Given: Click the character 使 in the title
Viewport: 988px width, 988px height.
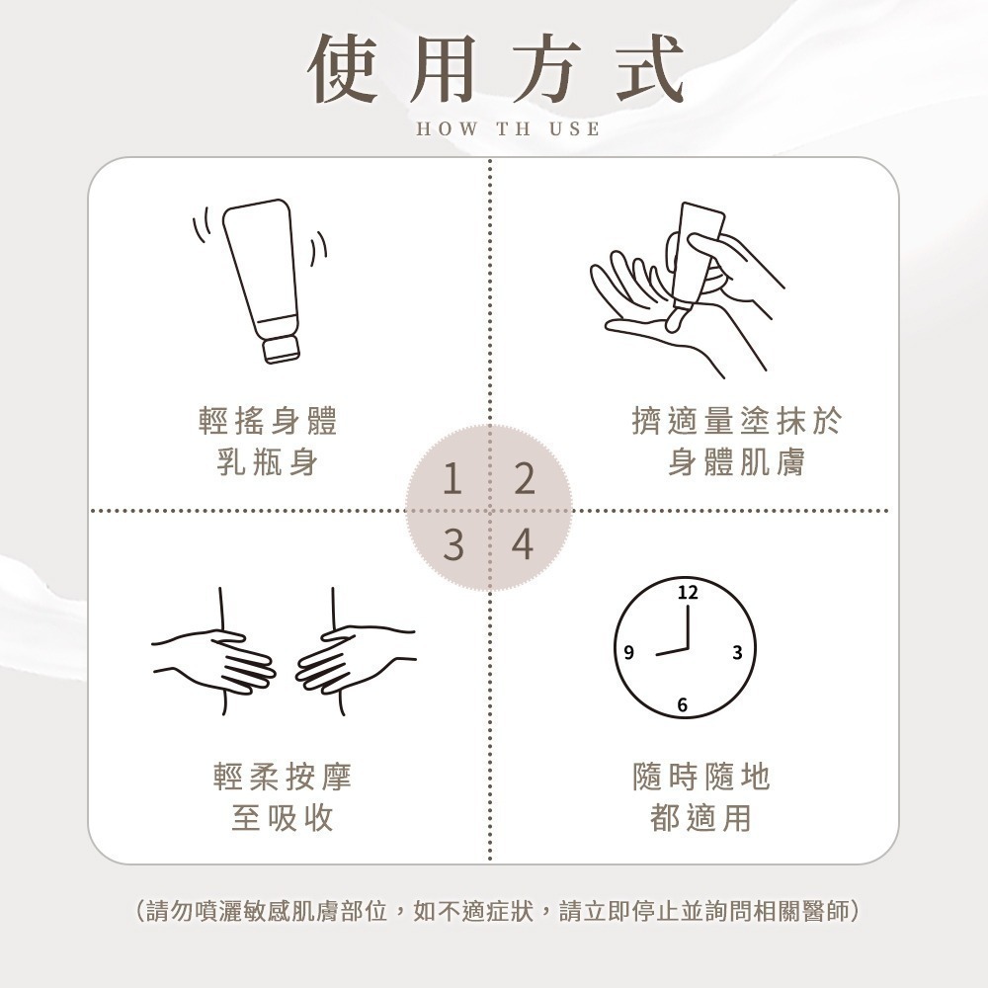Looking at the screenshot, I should click(x=347, y=68).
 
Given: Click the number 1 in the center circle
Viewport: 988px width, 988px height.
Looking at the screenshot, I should click(x=452, y=480).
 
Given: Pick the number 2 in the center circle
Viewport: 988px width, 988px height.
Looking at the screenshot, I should click(x=524, y=480).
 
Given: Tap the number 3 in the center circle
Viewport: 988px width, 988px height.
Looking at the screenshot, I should click(x=452, y=544).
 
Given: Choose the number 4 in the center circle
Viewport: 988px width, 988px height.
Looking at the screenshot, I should click(x=524, y=544).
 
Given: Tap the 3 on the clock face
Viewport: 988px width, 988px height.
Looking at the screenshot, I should click(x=737, y=652).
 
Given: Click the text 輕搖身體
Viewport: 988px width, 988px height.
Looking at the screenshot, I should click(x=267, y=422).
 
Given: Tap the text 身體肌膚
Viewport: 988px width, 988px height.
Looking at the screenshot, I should click(x=736, y=461).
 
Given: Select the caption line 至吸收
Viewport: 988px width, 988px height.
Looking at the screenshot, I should click(x=283, y=818).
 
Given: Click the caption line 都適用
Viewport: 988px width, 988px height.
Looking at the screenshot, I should click(x=701, y=818).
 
